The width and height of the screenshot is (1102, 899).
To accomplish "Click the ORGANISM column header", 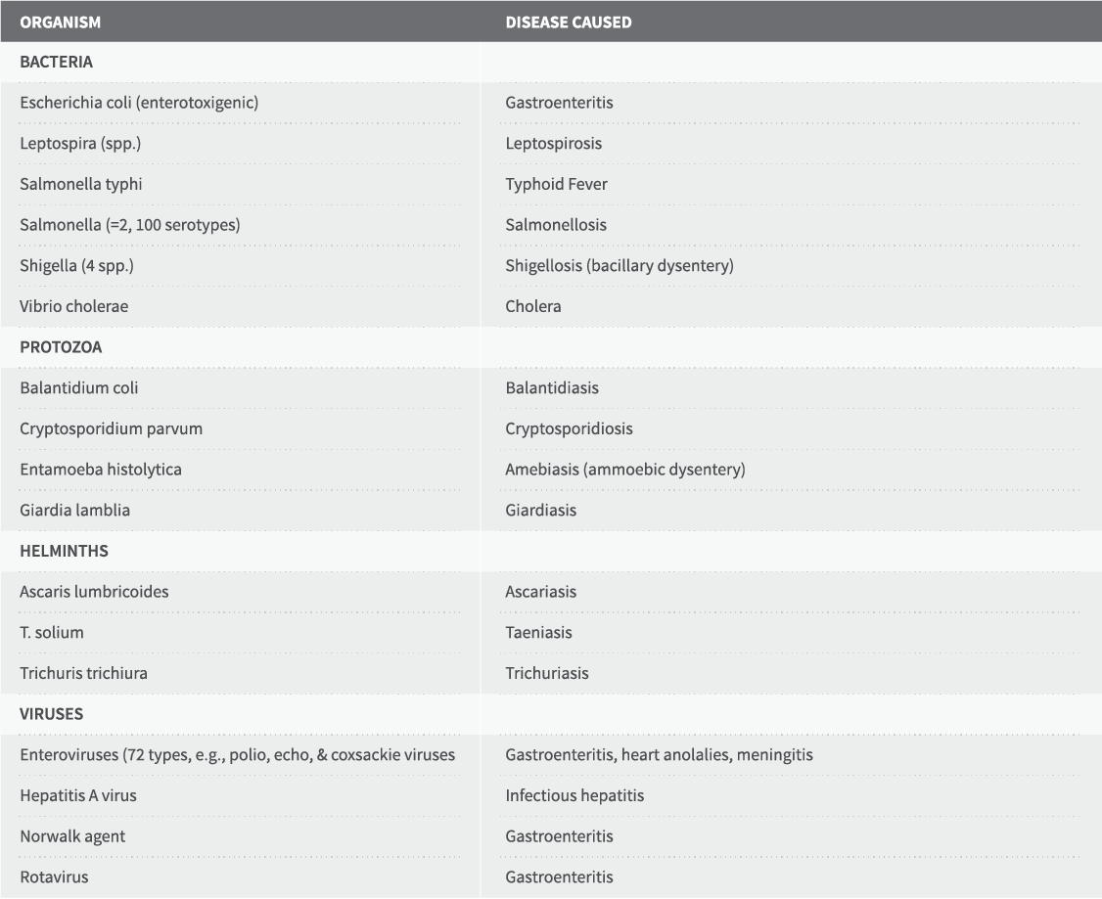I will click(x=60, y=22).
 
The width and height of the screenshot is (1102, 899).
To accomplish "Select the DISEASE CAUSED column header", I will click(x=568, y=22).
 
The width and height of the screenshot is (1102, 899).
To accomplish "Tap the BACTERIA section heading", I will click(x=56, y=62).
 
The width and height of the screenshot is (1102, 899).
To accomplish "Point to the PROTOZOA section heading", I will click(x=61, y=347).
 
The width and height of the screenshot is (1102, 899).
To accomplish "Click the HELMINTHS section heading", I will click(x=64, y=551).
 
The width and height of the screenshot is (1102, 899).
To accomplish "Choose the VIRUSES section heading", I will click(x=51, y=714).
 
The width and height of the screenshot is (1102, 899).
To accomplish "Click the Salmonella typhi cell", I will click(x=81, y=184).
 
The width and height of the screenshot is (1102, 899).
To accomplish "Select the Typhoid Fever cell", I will click(x=556, y=184).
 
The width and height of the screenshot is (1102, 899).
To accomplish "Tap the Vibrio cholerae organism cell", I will click(x=73, y=306).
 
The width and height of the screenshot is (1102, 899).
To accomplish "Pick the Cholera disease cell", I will click(x=533, y=306).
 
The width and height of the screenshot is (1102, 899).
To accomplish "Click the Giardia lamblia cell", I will click(x=74, y=510).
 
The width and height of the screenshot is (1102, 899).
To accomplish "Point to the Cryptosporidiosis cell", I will click(x=569, y=428).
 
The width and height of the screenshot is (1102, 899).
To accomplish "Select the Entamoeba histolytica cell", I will click(x=100, y=470).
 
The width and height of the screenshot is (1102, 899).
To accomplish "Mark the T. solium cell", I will click(x=51, y=632).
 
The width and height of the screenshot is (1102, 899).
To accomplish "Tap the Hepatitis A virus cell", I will click(x=78, y=795).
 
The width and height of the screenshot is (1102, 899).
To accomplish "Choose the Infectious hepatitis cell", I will click(x=574, y=795).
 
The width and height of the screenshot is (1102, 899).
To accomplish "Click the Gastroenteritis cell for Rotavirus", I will click(x=559, y=877).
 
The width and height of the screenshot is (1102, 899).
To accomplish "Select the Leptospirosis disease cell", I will click(x=553, y=144).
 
